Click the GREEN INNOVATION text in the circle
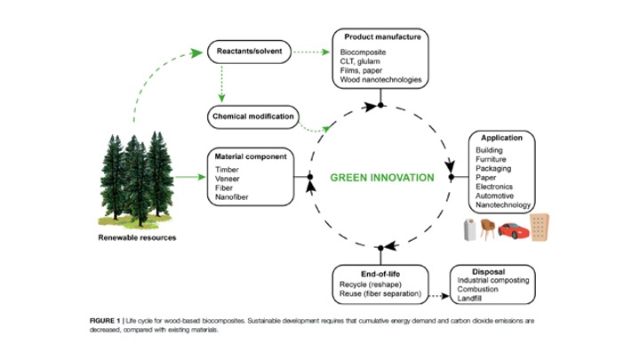coord(382,177)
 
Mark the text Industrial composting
coord(493,281)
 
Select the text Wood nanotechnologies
coord(380,81)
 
